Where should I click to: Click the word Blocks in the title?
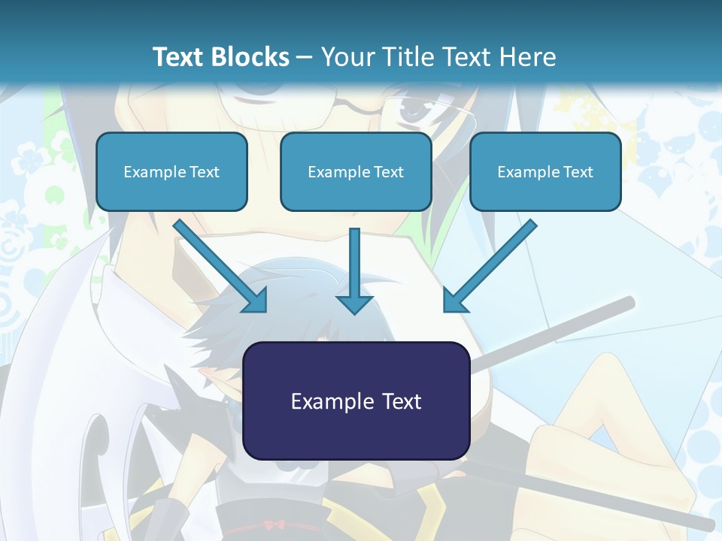[x=250, y=57]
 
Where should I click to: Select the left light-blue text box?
[x=171, y=172]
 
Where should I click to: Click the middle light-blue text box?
[x=356, y=172]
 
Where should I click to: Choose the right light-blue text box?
[x=545, y=172]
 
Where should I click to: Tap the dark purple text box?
[x=356, y=401]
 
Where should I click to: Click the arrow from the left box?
[x=221, y=267]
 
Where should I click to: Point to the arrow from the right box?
[x=489, y=267]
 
